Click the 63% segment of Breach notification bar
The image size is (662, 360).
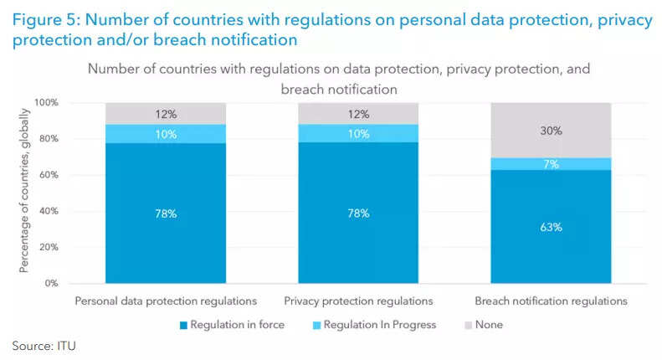pyautogui.click(x=551, y=227)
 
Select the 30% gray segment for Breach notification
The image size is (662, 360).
pyautogui.click(x=551, y=130)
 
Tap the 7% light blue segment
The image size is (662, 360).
pyautogui.click(x=551, y=163)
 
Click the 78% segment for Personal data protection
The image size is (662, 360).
pyautogui.click(x=166, y=213)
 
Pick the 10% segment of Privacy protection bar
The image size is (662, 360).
pyautogui.click(x=358, y=133)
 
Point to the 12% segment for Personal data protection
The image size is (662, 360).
pyautogui.click(x=166, y=113)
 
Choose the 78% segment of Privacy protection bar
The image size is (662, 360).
pyautogui.click(x=358, y=213)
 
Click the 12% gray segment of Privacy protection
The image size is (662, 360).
pyautogui.click(x=358, y=113)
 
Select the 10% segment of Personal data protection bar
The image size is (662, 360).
pyautogui.click(x=166, y=133)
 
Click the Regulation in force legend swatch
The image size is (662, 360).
pyautogui.click(x=182, y=324)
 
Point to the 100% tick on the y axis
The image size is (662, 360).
pyautogui.click(x=45, y=103)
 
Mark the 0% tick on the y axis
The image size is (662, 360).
pyautogui.click(x=50, y=284)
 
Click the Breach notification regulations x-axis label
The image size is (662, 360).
pyautogui.click(x=551, y=300)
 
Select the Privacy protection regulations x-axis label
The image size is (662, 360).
pyautogui.click(x=358, y=300)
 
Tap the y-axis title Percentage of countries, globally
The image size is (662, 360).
pyautogui.click(x=25, y=193)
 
